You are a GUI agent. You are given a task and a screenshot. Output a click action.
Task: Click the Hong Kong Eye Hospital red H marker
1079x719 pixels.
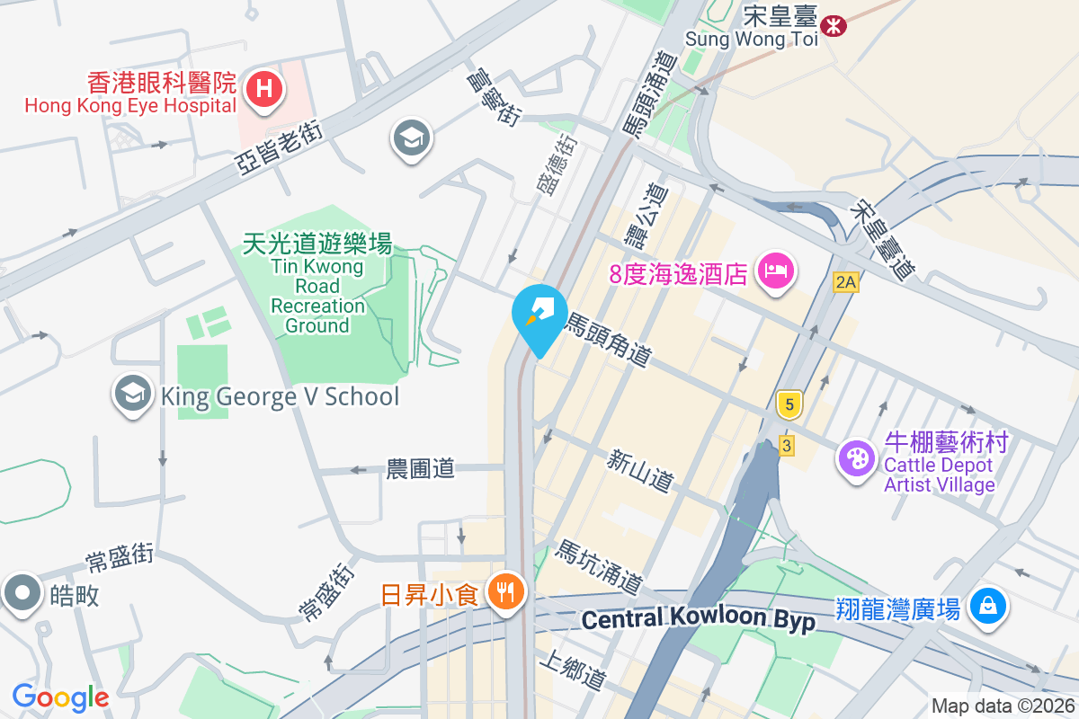click(264, 89)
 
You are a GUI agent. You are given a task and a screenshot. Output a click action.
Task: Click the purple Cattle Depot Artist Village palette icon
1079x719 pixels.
click(856, 458)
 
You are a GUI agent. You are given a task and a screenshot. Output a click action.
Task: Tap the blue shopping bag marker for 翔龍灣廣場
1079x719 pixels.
click(987, 607)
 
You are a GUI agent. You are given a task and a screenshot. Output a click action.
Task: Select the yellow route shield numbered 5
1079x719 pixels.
click(789, 405)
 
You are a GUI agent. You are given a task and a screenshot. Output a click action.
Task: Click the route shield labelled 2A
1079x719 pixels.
click(845, 282)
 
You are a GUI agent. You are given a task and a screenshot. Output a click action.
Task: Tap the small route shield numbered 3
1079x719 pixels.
click(787, 445)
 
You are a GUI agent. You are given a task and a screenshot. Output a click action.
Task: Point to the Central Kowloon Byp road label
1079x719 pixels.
click(698, 619)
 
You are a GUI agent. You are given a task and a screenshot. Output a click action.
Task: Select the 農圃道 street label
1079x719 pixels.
click(420, 468)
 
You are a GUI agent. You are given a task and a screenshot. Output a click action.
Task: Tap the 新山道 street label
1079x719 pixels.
click(639, 472)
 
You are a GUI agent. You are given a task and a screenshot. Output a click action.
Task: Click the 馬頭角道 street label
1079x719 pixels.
click(608, 340)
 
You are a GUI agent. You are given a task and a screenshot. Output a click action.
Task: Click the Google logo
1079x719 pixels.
click(60, 697)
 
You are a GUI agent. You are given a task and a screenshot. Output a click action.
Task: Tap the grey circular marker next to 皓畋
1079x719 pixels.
click(22, 594)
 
